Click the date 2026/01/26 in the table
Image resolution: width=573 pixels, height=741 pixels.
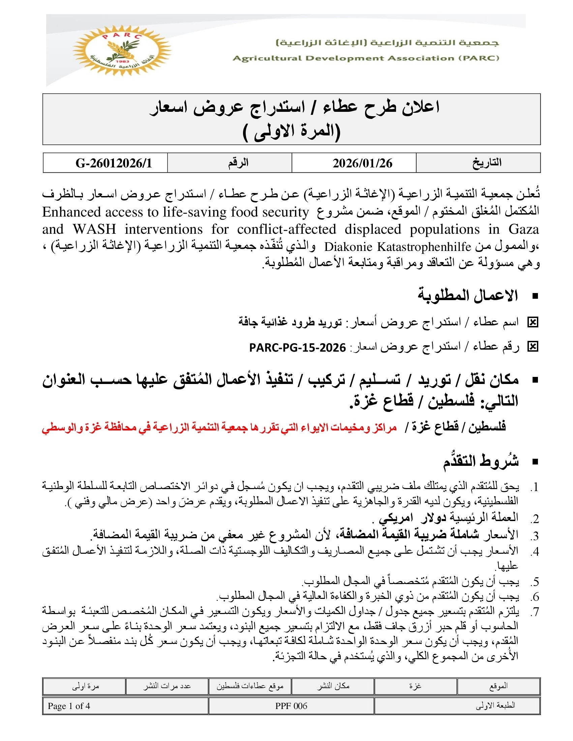362,163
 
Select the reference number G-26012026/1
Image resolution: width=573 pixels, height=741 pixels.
113,163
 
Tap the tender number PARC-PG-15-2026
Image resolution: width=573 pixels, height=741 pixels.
297,348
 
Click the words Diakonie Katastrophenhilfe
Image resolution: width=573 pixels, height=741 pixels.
397,247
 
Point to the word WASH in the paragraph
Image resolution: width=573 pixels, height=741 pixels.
94,229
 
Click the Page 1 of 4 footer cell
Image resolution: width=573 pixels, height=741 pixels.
69,706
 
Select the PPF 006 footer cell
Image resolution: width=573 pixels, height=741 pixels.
291,706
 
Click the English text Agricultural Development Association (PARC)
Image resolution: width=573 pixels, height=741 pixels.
366,58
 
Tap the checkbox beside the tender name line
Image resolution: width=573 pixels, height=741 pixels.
533,322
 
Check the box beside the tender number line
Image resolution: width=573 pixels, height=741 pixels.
533,346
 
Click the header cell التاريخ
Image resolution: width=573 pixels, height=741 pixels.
487,163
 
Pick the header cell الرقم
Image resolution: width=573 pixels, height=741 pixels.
238,163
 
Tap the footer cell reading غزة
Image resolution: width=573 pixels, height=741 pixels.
415,686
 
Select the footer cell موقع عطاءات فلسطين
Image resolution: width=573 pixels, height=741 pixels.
250,686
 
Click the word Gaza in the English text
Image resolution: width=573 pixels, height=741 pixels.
524,229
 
